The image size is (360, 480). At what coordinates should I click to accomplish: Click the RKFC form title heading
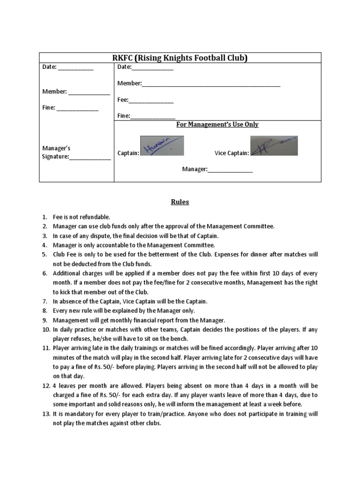pyautogui.click(x=180, y=58)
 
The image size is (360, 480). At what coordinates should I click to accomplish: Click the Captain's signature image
pyautogui.click(x=162, y=146)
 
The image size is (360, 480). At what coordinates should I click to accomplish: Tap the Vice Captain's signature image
pyautogui.click(x=274, y=146)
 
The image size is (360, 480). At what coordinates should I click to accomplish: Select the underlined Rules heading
pyautogui.click(x=180, y=202)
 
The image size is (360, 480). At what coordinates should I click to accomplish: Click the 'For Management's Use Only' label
pyautogui.click(x=217, y=124)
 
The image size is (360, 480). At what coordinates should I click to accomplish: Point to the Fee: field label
pyautogui.click(x=123, y=100)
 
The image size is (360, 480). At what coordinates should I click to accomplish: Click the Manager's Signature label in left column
pyautogui.click(x=56, y=152)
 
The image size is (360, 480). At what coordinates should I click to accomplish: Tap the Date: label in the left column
pyautogui.click(x=49, y=67)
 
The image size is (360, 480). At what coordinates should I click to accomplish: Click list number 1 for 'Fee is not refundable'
pyautogui.click(x=45, y=217)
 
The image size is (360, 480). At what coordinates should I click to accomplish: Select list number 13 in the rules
pyautogui.click(x=45, y=414)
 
